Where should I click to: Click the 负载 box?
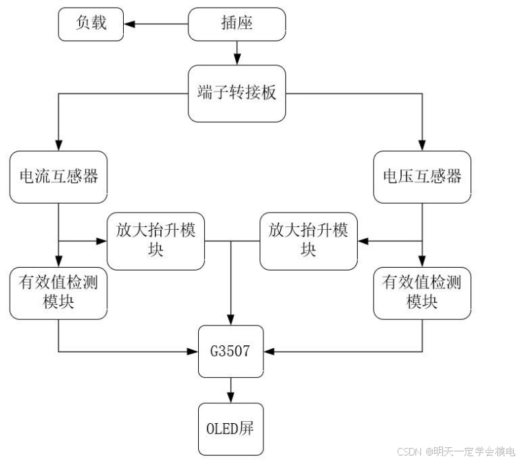point(91,23)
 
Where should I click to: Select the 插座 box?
point(237,23)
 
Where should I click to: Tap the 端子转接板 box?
point(237,93)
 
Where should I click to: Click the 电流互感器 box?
point(58,177)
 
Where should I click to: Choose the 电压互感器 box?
point(422,177)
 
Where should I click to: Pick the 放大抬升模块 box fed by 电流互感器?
point(156,240)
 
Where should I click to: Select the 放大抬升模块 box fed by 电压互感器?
point(308,240)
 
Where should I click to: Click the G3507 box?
point(230,352)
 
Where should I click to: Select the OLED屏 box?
point(230,429)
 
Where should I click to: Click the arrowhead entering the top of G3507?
point(230,321)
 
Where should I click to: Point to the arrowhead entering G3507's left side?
point(193,352)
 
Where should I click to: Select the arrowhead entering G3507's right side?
point(268,352)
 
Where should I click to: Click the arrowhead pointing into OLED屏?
point(230,398)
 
